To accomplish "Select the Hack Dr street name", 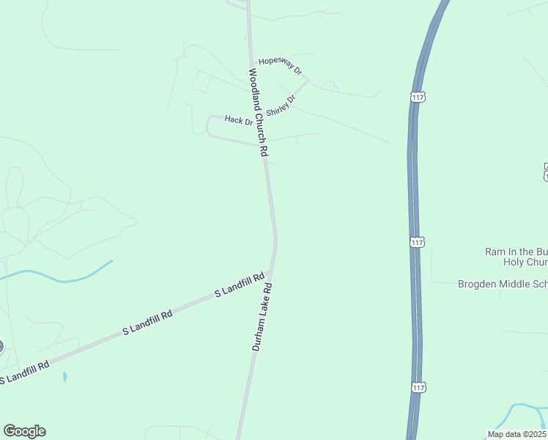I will click(238, 120).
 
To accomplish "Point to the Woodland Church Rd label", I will click(259, 112).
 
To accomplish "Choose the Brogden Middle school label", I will click(503, 284).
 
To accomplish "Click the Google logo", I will click(24, 431).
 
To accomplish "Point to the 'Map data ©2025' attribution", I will click(516, 434).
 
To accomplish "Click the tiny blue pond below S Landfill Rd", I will click(65, 377).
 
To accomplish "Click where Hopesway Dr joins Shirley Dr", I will click(306, 80).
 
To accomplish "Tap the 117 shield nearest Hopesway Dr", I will click(417, 97).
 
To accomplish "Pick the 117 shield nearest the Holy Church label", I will click(416, 242).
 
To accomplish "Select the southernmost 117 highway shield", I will click(418, 387).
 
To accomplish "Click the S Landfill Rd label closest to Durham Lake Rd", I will click(239, 285).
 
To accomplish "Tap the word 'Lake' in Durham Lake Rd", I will click(262, 315).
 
